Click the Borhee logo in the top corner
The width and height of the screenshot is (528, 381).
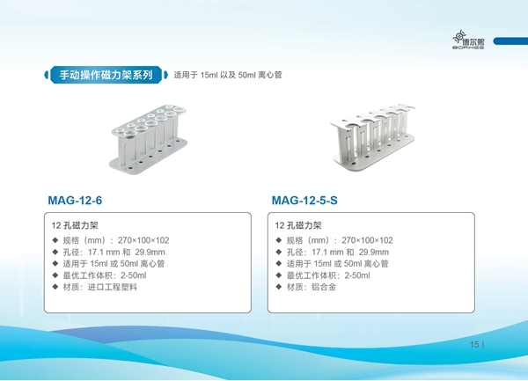click(468, 40)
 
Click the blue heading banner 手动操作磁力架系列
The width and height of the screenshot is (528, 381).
click(106, 75)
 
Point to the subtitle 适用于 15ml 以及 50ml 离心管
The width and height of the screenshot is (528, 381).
click(228, 75)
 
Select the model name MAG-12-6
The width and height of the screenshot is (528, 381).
click(75, 201)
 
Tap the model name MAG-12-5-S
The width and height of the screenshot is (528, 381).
click(304, 201)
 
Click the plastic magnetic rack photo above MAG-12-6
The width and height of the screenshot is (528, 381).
click(148, 139)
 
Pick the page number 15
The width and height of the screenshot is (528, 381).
click(474, 344)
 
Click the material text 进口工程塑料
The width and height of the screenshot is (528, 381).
click(113, 287)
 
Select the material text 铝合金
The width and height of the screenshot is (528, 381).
click(324, 287)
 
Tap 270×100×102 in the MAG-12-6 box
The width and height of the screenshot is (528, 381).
click(143, 240)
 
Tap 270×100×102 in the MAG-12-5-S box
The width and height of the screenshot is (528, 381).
click(367, 240)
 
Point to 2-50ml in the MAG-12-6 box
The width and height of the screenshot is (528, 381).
click(134, 275)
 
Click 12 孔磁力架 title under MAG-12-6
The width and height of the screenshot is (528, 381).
click(75, 225)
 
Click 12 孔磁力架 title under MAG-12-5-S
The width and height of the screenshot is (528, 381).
click(298, 225)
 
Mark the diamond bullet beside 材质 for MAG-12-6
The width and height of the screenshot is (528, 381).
click(55, 287)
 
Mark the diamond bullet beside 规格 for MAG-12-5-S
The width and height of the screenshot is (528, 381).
click(279, 240)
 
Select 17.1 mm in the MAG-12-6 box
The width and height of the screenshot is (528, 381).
click(98, 252)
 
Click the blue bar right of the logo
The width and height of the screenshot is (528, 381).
click(510, 40)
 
